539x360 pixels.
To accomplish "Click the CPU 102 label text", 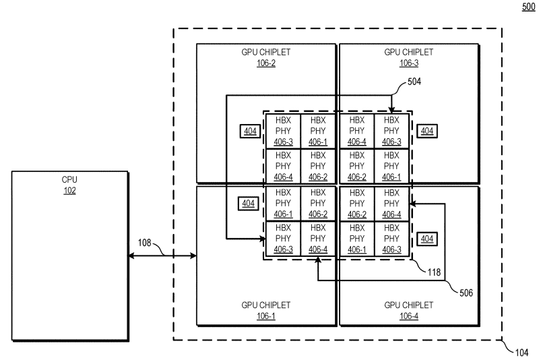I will click(69, 185).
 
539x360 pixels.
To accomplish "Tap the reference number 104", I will click(520, 351).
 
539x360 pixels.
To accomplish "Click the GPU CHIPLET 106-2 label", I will click(266, 58).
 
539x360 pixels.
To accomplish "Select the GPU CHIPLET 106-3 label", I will click(409, 58).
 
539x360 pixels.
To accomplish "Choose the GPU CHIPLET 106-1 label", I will click(266, 311).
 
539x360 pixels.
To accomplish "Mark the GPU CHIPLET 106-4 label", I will click(409, 311).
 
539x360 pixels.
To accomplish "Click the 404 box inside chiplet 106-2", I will click(249, 131).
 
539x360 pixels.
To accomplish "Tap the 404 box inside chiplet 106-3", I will click(426, 131).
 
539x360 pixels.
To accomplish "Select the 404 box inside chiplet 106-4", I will click(426, 239).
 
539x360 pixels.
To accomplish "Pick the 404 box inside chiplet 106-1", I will click(249, 203).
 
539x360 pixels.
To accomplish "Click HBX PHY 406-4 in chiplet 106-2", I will click(283, 167).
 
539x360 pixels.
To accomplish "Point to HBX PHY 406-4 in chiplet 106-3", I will click(357, 131).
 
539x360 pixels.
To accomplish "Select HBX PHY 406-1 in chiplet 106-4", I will click(357, 239).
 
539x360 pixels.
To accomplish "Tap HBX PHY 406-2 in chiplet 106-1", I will click(318, 204).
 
